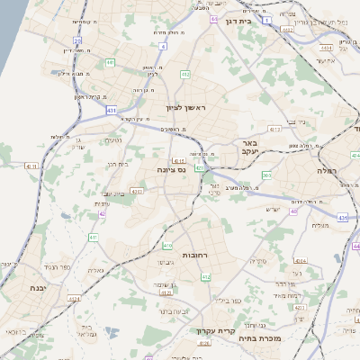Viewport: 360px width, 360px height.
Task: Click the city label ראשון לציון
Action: click(x=186, y=108)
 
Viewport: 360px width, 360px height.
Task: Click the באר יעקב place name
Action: click(x=249, y=148)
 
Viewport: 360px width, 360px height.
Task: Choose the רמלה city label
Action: click(x=325, y=169)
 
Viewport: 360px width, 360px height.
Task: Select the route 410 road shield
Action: click(x=166, y=244)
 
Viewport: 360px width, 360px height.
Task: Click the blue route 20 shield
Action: click(x=78, y=40)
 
